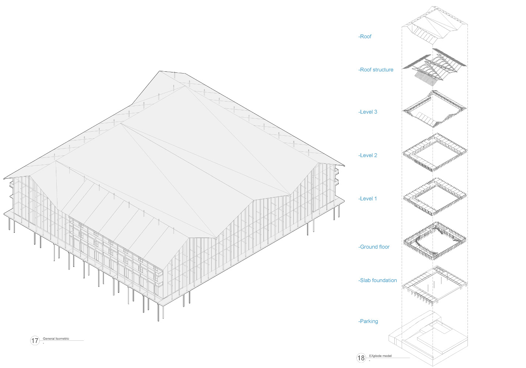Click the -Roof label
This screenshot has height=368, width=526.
coord(365,36)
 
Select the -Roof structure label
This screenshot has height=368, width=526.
coord(376,69)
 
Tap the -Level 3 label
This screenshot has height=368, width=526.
coord(368,112)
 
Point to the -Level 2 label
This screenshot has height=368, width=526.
coord(368,155)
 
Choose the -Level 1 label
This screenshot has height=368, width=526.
coord(368,199)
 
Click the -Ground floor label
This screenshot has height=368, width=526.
coord(374,247)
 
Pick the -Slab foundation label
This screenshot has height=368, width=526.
coord(378,280)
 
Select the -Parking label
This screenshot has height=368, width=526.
coord(368,321)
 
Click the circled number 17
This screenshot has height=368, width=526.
coord(35,341)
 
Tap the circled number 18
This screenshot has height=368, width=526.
coord(361,358)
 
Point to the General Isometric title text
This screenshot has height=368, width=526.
coord(56,339)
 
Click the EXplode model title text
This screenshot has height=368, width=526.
coord(380,356)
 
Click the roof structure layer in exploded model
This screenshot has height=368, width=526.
coord(434,66)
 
